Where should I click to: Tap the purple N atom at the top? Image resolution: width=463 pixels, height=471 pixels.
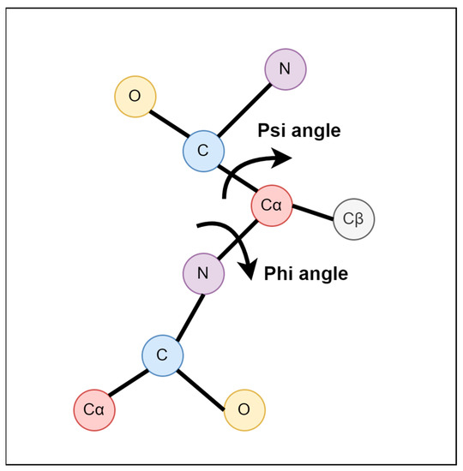[x=286, y=68]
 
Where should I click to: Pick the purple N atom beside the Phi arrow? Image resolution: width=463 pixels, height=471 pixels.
[x=203, y=275]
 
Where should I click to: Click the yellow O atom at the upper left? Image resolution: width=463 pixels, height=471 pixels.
[x=135, y=97]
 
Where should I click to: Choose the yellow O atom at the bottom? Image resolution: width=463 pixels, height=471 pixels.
[x=244, y=409]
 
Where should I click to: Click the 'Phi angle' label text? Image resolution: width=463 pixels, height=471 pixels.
[x=305, y=274]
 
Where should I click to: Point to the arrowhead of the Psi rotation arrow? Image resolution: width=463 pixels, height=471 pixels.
[x=285, y=157]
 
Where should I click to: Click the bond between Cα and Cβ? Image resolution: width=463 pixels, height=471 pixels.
[x=313, y=212]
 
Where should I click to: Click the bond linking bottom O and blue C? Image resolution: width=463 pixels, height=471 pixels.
[x=204, y=383]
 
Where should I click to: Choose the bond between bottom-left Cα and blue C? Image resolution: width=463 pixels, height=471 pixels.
[x=129, y=383]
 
